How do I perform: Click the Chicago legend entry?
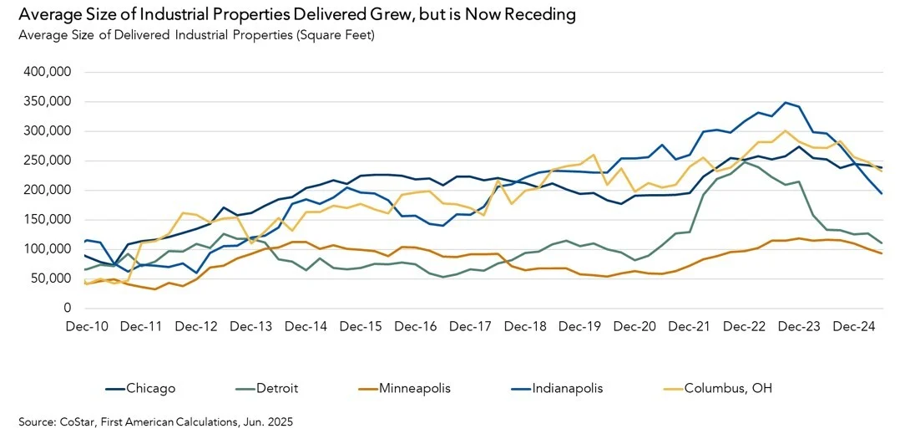point(150,388)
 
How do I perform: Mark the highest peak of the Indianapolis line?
point(785,102)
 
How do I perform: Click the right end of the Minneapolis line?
point(882,253)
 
